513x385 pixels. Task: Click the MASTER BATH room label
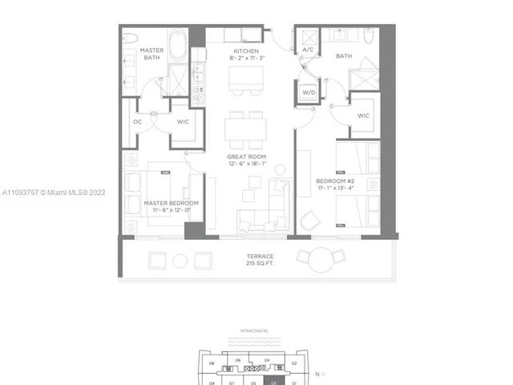pyautogui.click(x=152, y=54)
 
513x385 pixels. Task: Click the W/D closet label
pyautogui.click(x=309, y=92)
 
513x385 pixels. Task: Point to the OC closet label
pyautogui.click(x=137, y=122)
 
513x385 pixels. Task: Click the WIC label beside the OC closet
pyautogui.click(x=182, y=122)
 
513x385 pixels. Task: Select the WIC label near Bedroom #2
pyautogui.click(x=363, y=115)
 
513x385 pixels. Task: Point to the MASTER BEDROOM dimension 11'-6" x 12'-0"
pyautogui.click(x=171, y=212)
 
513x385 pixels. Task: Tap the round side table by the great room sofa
pyautogui.click(x=281, y=169)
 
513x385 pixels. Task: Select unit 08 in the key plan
pyautogui.click(x=212, y=363)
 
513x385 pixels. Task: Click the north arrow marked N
pyautogui.click(x=317, y=374)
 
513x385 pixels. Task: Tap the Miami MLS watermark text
pyautogui.click(x=53, y=193)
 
